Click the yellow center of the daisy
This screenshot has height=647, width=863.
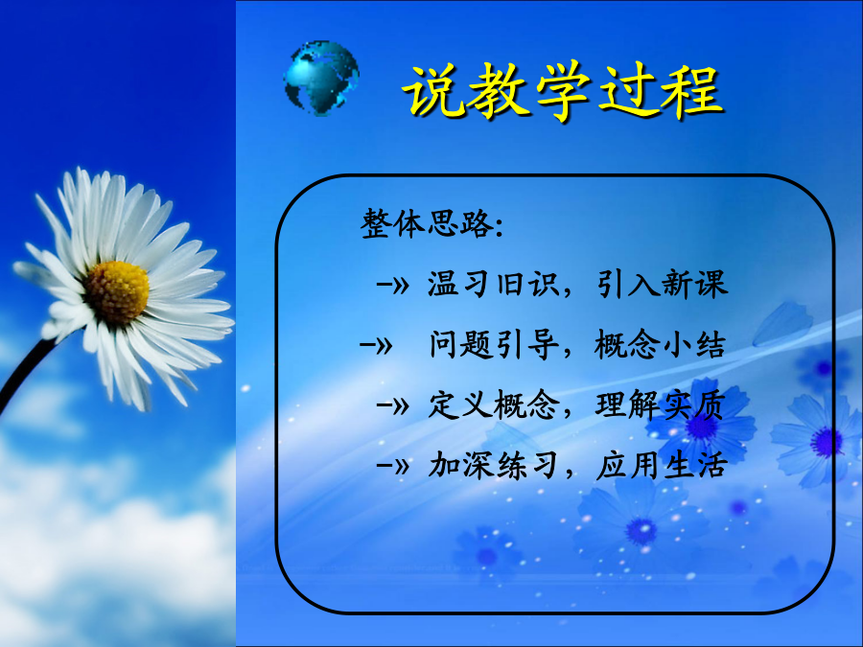(117, 291)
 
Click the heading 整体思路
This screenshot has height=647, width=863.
(426, 224)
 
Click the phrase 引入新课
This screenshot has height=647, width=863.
(662, 285)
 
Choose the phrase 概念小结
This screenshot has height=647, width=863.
(660, 345)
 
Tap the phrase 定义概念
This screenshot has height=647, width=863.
(493, 405)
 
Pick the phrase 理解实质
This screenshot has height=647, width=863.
(660, 405)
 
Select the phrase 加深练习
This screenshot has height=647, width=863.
(493, 466)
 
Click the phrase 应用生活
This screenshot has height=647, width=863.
(662, 466)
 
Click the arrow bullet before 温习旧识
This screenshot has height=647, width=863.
(392, 285)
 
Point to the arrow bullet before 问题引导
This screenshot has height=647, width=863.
(375, 345)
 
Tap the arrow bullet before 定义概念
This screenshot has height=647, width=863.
(392, 406)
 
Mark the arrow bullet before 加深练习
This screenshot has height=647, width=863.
(392, 467)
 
